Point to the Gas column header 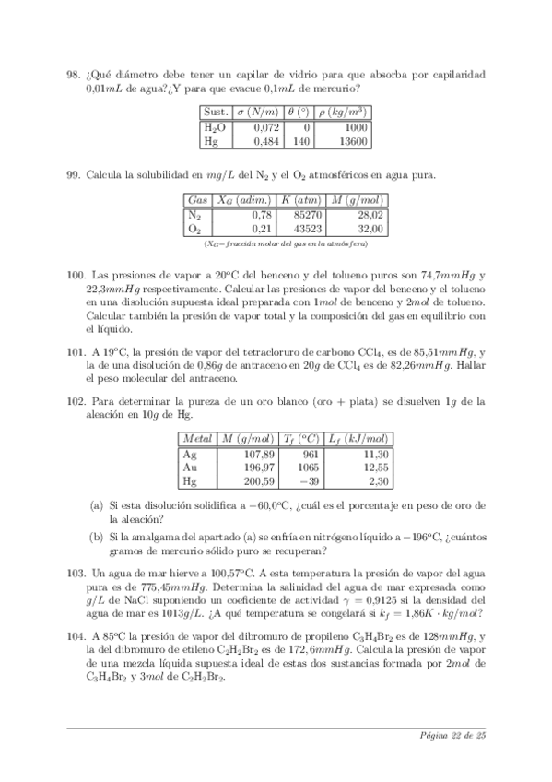(197, 200)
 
